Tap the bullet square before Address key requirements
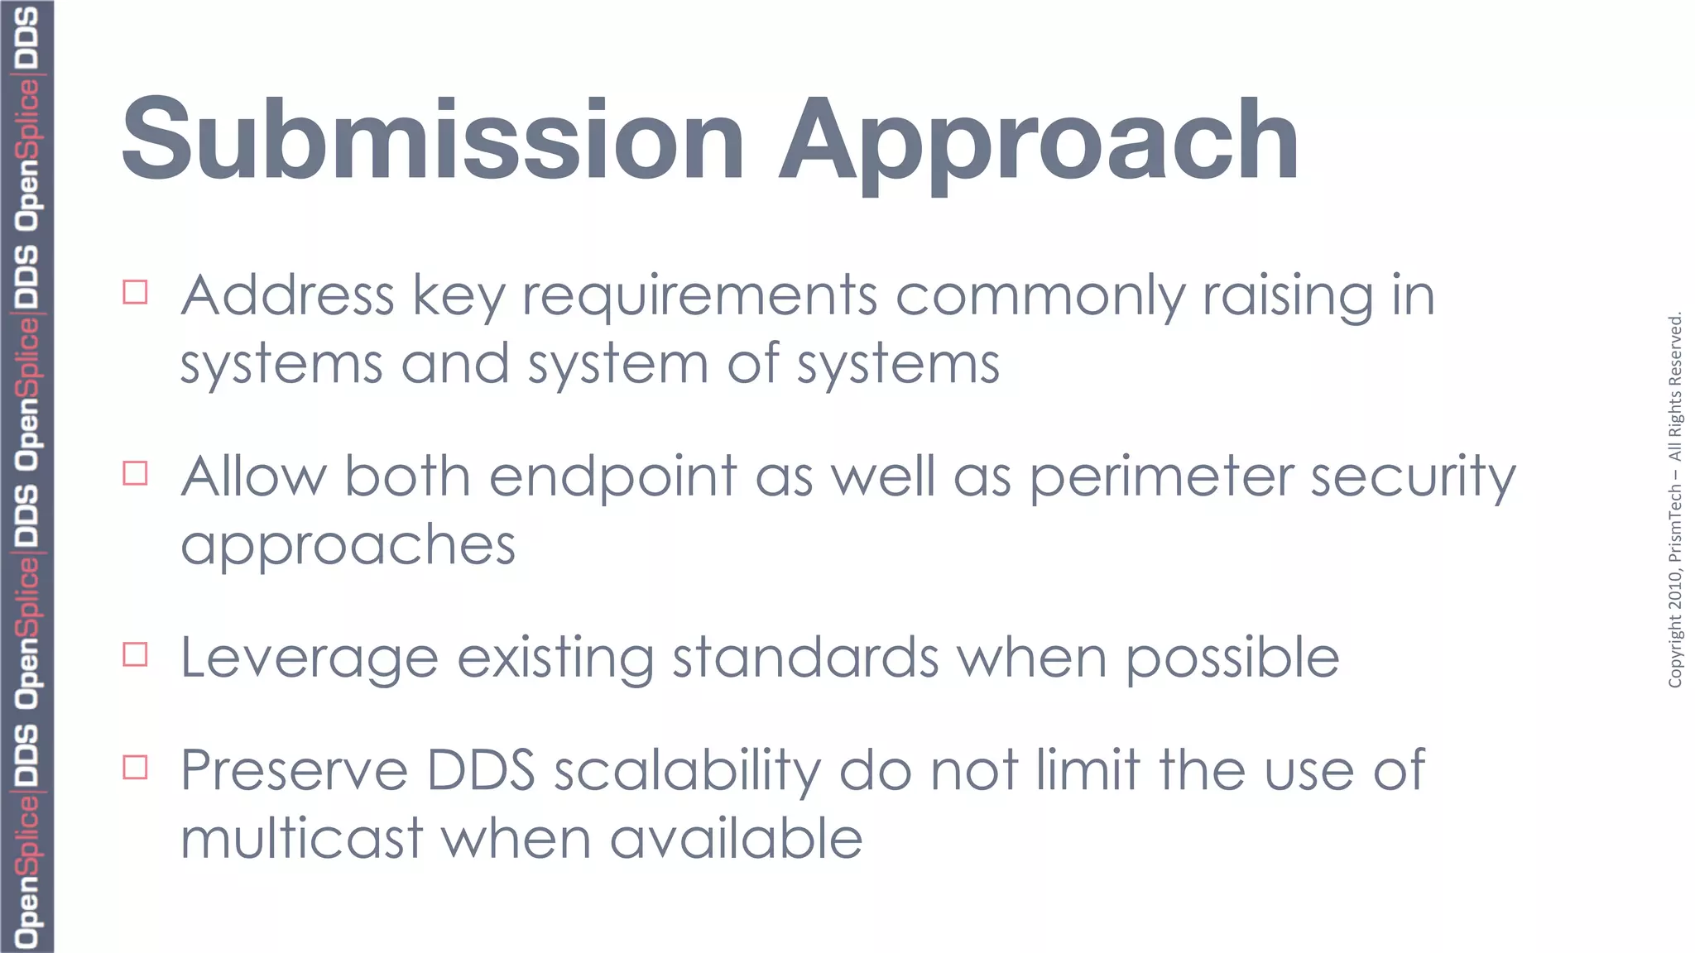135,292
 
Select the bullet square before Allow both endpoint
135,473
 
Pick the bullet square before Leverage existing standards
135,654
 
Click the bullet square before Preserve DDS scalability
135,767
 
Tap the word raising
1287,296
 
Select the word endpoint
612,477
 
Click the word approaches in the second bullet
348,546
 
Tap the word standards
804,658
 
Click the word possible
1232,658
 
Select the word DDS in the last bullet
481,771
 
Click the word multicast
302,839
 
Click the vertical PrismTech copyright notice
1675,500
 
